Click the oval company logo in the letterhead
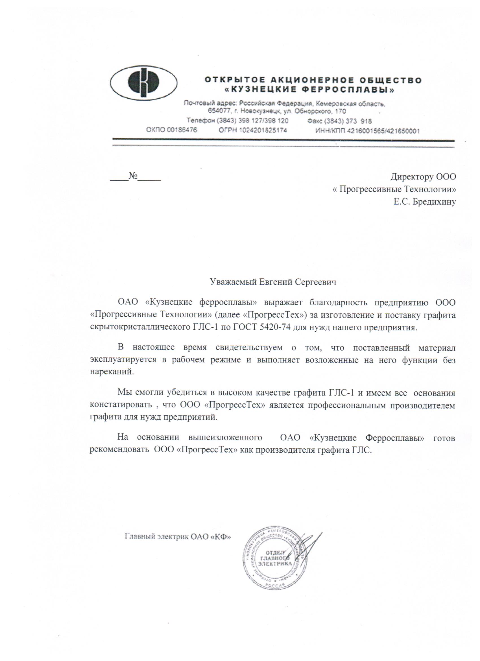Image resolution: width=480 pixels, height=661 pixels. pyautogui.click(x=143, y=83)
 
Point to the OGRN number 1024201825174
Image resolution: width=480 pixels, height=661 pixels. pyautogui.click(x=263, y=130)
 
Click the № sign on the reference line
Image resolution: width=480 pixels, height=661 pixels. pyautogui.click(x=133, y=176)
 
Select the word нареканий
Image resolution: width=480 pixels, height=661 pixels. pyautogui.click(x=112, y=372)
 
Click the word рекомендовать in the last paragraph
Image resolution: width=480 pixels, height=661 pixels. pyautogui.click(x=119, y=450)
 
